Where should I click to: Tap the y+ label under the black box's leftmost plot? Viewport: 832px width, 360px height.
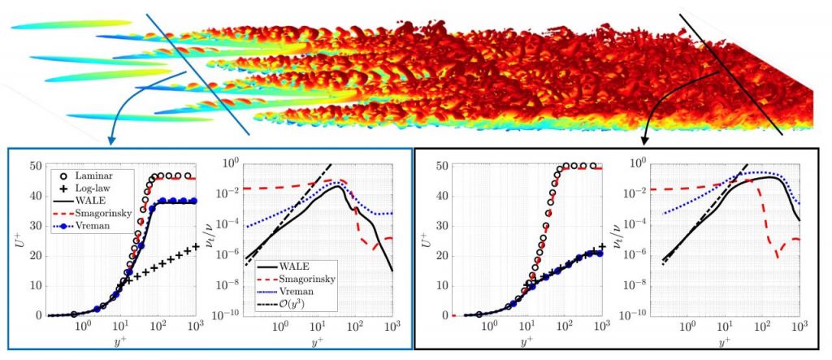click(x=526, y=341)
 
